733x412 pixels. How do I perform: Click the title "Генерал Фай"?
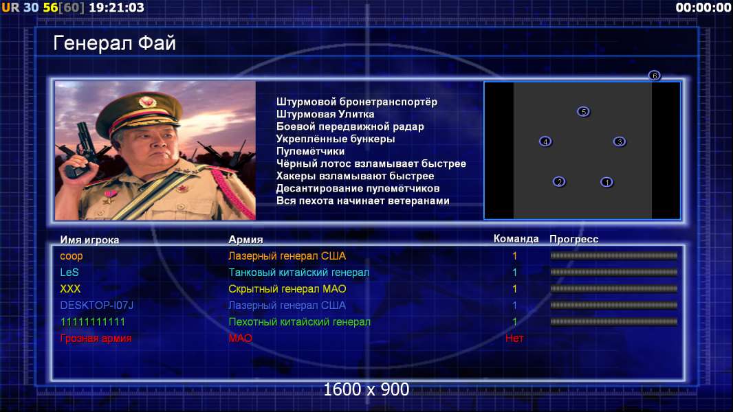point(115,43)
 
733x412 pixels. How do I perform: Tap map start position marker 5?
point(583,111)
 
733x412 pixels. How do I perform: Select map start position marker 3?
point(620,141)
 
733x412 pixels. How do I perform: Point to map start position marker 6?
point(655,75)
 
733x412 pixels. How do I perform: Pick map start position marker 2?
point(559,181)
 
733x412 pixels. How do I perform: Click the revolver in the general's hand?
point(80,149)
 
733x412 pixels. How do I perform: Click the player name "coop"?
point(71,256)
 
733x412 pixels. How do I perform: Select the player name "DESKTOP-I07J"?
point(97,305)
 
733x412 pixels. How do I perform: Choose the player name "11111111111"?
point(93,322)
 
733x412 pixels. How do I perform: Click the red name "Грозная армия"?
point(96,339)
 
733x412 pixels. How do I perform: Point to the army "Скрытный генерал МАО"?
point(287,289)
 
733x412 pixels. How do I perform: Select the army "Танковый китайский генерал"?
point(298,272)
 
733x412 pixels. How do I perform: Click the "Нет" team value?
point(514,339)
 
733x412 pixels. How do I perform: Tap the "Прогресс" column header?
point(573,240)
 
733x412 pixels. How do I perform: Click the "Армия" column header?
point(245,240)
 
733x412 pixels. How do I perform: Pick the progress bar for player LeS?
point(614,272)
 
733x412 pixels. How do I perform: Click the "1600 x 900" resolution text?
point(366,389)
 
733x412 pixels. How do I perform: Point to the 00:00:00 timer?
point(703,8)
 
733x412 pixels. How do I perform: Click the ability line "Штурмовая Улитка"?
point(325,114)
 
